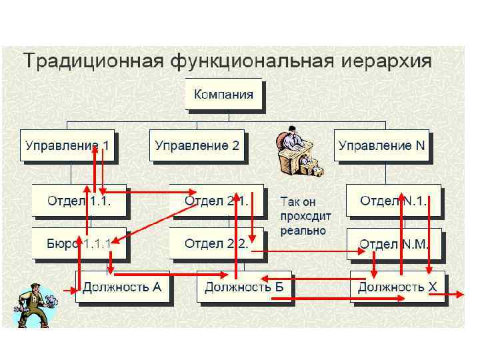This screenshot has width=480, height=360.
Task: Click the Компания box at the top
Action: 223,94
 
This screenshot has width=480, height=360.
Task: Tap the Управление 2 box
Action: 197,146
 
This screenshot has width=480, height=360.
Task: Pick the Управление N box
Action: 382,146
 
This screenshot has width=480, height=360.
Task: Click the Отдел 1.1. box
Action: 79,200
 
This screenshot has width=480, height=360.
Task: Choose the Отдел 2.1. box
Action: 215,200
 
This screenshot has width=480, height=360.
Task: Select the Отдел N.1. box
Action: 393,200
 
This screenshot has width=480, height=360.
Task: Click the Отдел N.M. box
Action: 393,244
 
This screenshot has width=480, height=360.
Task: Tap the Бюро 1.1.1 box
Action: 79,243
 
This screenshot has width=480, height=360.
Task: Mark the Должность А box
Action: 123,287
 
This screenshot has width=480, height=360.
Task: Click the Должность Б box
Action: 243,288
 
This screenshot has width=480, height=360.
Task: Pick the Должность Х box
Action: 397,288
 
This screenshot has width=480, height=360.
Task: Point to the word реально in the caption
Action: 303,231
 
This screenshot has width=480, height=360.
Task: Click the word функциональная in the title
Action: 251,62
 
